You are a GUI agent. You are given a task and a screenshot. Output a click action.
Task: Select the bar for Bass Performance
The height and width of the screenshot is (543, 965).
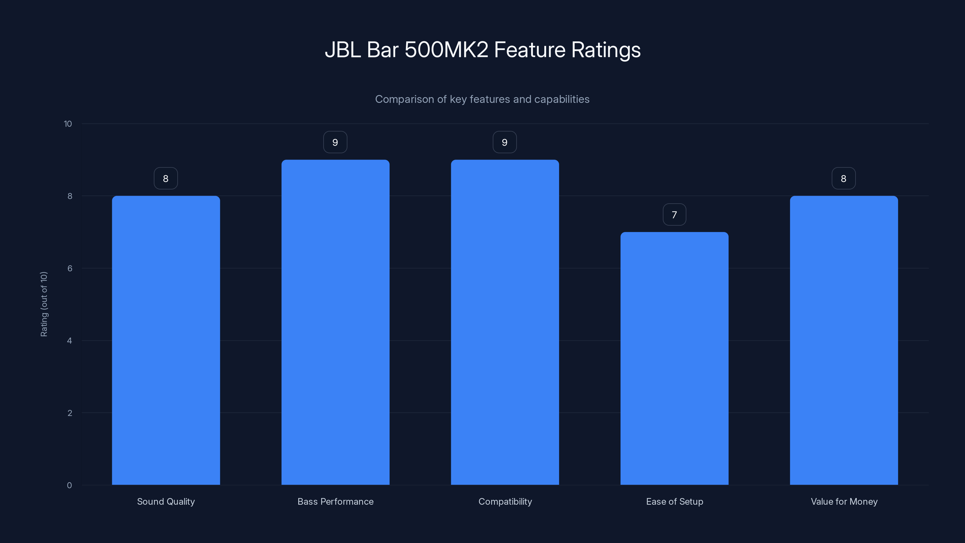(335, 322)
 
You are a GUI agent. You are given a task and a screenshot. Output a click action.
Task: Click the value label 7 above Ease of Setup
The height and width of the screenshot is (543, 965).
(674, 215)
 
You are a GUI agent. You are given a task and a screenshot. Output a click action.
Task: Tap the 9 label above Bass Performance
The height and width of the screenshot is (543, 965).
(335, 142)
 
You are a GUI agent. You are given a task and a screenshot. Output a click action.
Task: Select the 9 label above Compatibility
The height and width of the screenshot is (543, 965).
(505, 142)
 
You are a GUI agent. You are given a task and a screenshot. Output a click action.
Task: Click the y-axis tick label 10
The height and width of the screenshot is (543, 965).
(68, 124)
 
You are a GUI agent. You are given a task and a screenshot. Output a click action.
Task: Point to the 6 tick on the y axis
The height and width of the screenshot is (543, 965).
(70, 268)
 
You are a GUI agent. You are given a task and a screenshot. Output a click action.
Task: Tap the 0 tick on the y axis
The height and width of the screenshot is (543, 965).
(69, 485)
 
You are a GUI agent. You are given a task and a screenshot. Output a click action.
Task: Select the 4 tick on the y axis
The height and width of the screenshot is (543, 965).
(69, 341)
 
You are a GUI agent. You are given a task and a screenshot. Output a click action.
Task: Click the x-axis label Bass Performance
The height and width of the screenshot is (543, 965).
(335, 501)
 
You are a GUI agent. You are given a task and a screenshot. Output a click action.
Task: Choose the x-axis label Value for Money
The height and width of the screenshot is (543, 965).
(844, 501)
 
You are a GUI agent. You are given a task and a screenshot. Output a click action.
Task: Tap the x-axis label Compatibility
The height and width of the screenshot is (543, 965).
(505, 501)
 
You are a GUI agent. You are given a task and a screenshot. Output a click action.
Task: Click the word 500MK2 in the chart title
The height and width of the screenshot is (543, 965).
(446, 50)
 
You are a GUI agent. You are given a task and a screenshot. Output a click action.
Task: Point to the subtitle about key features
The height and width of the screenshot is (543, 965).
(482, 99)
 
